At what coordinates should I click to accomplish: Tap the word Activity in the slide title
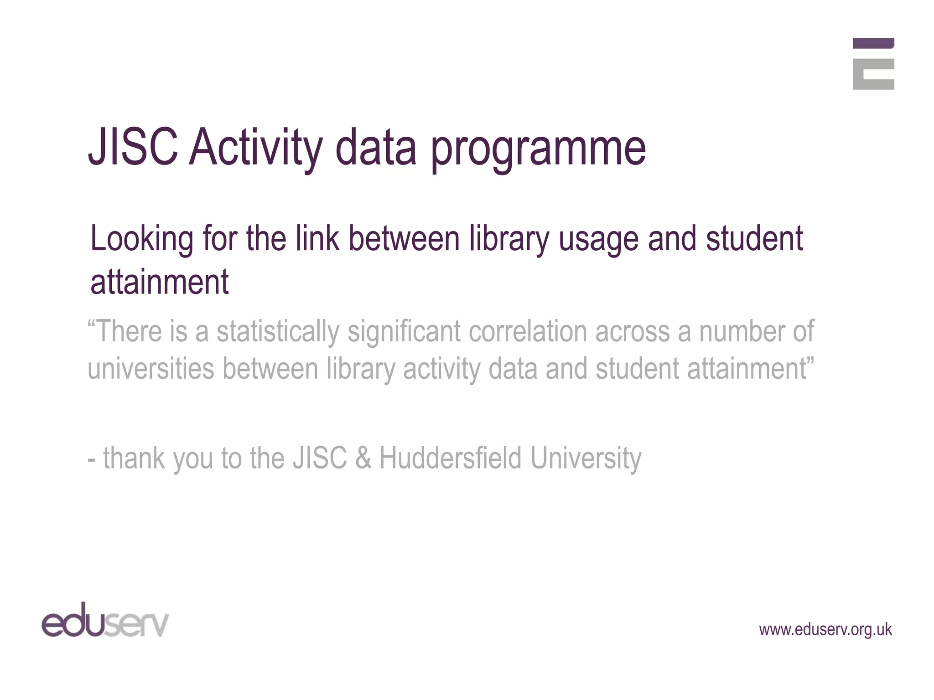(x=256, y=149)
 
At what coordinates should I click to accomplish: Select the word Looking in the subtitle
(x=142, y=240)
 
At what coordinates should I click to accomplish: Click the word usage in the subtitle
(x=598, y=240)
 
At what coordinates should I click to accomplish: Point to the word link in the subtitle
(x=317, y=239)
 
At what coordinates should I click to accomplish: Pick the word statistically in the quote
(x=278, y=332)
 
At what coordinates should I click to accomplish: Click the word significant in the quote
(x=404, y=332)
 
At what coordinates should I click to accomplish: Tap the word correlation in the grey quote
(x=528, y=332)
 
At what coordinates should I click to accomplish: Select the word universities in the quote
(x=150, y=369)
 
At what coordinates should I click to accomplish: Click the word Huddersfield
(x=450, y=458)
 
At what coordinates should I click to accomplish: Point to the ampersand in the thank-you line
(x=363, y=458)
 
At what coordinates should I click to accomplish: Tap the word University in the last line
(x=586, y=458)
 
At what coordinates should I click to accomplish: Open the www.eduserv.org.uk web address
(x=825, y=629)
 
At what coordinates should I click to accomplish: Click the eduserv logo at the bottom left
(x=105, y=620)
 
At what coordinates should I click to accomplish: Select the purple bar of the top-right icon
(x=873, y=43)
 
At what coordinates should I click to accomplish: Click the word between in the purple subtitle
(x=404, y=239)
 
